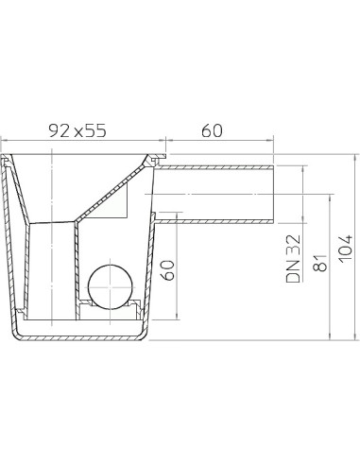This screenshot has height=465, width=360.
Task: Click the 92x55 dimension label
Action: tap(77, 130)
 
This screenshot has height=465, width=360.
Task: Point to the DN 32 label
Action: tap(293, 258)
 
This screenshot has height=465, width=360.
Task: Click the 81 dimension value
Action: tap(320, 263)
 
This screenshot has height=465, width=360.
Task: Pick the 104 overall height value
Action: tap(346, 248)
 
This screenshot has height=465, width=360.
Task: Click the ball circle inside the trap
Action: tap(110, 286)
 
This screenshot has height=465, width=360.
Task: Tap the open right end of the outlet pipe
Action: tap(274, 194)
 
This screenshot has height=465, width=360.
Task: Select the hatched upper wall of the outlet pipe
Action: tap(214, 167)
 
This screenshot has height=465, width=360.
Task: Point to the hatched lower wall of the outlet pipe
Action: tap(214, 221)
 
